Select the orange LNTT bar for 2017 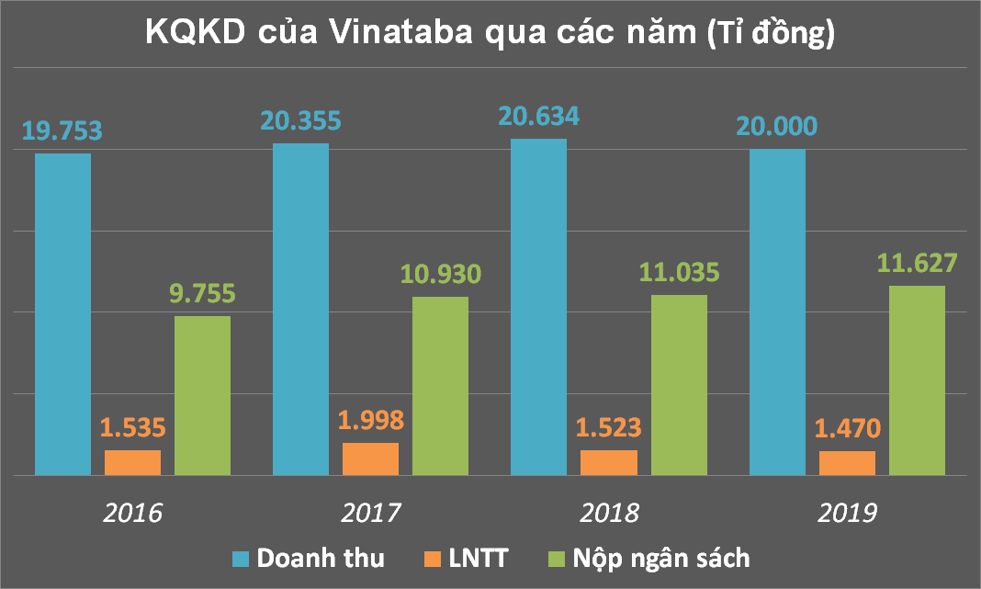pos(370,459)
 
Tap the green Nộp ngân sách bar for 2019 pos(917,380)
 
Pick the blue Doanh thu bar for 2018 pos(538,307)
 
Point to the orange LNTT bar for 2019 pos(847,463)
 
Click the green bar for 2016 pos(202,395)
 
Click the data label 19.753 pos(61,130)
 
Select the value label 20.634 pos(538,117)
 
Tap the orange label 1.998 pos(370,420)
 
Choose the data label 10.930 pos(441,274)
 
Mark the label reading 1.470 pos(847,428)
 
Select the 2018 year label pos(611,512)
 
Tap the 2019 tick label pos(848,512)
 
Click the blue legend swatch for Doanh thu pos(241,558)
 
